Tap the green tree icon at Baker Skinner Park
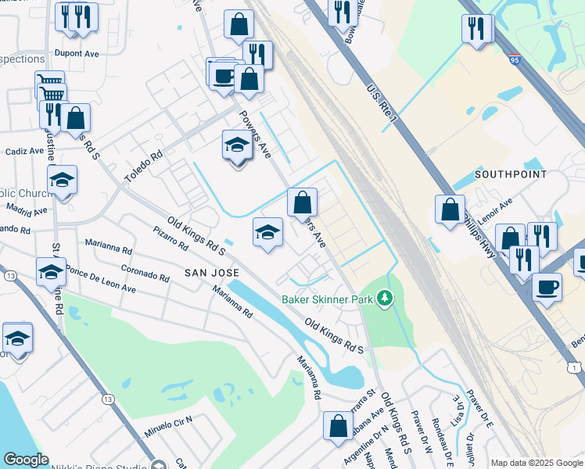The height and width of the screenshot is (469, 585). click(384, 298)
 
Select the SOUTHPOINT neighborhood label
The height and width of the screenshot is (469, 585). click(510, 174)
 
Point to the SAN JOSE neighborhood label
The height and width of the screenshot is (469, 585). click(210, 272)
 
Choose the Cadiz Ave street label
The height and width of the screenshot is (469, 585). click(25, 151)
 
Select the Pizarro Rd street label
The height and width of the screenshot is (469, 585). click(171, 238)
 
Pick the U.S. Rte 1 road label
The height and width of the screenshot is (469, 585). click(383, 103)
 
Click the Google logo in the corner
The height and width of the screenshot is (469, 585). click(26, 460)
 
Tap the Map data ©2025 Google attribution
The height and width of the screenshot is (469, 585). click(537, 463)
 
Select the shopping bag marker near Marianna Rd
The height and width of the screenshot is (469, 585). click(338, 426)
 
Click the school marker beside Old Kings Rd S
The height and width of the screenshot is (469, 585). click(267, 233)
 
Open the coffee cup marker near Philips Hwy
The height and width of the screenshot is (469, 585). click(547, 287)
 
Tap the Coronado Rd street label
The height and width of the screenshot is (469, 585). click(145, 274)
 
